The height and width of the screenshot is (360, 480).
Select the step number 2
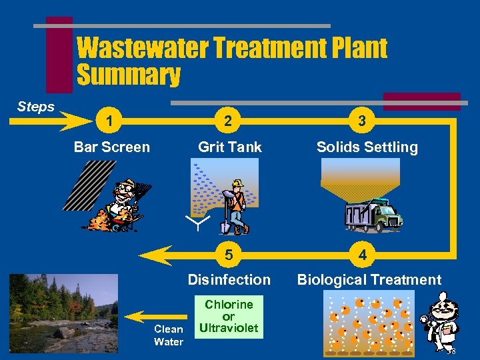pos(229,121)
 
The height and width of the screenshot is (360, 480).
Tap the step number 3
pos(361,121)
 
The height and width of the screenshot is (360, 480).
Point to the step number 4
pos(361,255)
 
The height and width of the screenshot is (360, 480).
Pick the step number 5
pos(229,255)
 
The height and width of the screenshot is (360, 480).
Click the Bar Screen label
pos(112,147)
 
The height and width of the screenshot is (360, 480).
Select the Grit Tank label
pos(230,147)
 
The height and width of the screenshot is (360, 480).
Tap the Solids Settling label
pos(367,147)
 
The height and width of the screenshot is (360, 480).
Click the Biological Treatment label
pos(369,280)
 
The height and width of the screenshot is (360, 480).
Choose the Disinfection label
pos(229,280)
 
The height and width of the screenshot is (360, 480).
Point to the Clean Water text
pos(169,335)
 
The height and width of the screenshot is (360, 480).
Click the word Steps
pos(36,107)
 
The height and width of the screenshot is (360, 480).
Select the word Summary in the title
pos(129,75)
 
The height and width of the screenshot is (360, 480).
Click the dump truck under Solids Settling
pos(373,215)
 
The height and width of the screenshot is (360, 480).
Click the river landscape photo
pos(63,313)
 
